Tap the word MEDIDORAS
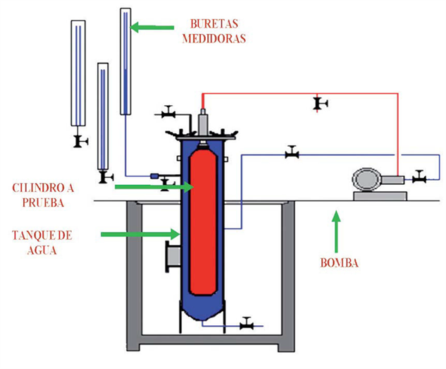coord(214,38)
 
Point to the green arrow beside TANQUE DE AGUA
coord(140,232)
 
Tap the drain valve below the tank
coord(247,324)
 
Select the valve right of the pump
coord(419,177)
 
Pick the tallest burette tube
coord(125,60)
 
